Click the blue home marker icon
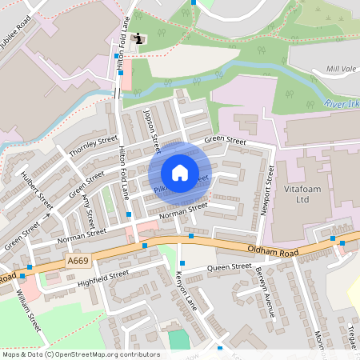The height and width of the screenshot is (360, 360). (180, 172)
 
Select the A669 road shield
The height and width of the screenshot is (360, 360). (78, 261)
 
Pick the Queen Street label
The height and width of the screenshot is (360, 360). (230, 266)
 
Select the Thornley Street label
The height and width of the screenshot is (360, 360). (93, 146)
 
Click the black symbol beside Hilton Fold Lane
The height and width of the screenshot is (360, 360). (141, 38)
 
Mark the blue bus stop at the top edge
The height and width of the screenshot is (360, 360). (193, 2)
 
